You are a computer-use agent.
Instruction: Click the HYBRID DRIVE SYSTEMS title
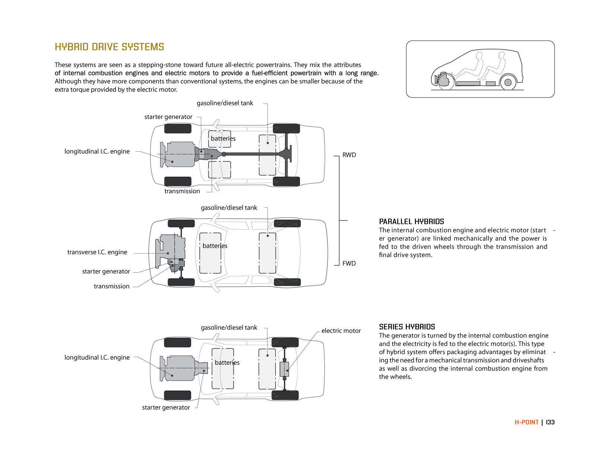(109, 47)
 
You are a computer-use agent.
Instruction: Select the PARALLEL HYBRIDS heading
(411, 221)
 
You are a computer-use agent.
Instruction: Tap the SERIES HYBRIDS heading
(407, 327)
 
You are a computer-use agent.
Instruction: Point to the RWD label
(349, 155)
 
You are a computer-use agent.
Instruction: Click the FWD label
(349, 263)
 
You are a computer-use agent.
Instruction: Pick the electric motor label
(341, 331)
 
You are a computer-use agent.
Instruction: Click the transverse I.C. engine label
(97, 252)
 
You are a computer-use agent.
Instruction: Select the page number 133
(550, 422)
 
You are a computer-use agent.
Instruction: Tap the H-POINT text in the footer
(526, 422)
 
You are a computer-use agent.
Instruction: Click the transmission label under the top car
(182, 191)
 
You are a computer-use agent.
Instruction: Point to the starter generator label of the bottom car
(166, 407)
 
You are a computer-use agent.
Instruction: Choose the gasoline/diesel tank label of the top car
(225, 103)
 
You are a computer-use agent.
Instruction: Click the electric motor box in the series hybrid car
(284, 369)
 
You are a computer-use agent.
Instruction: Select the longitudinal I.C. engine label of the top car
(97, 151)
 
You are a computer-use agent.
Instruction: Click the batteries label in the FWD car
(215, 246)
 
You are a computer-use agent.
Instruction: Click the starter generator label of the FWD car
(106, 272)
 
